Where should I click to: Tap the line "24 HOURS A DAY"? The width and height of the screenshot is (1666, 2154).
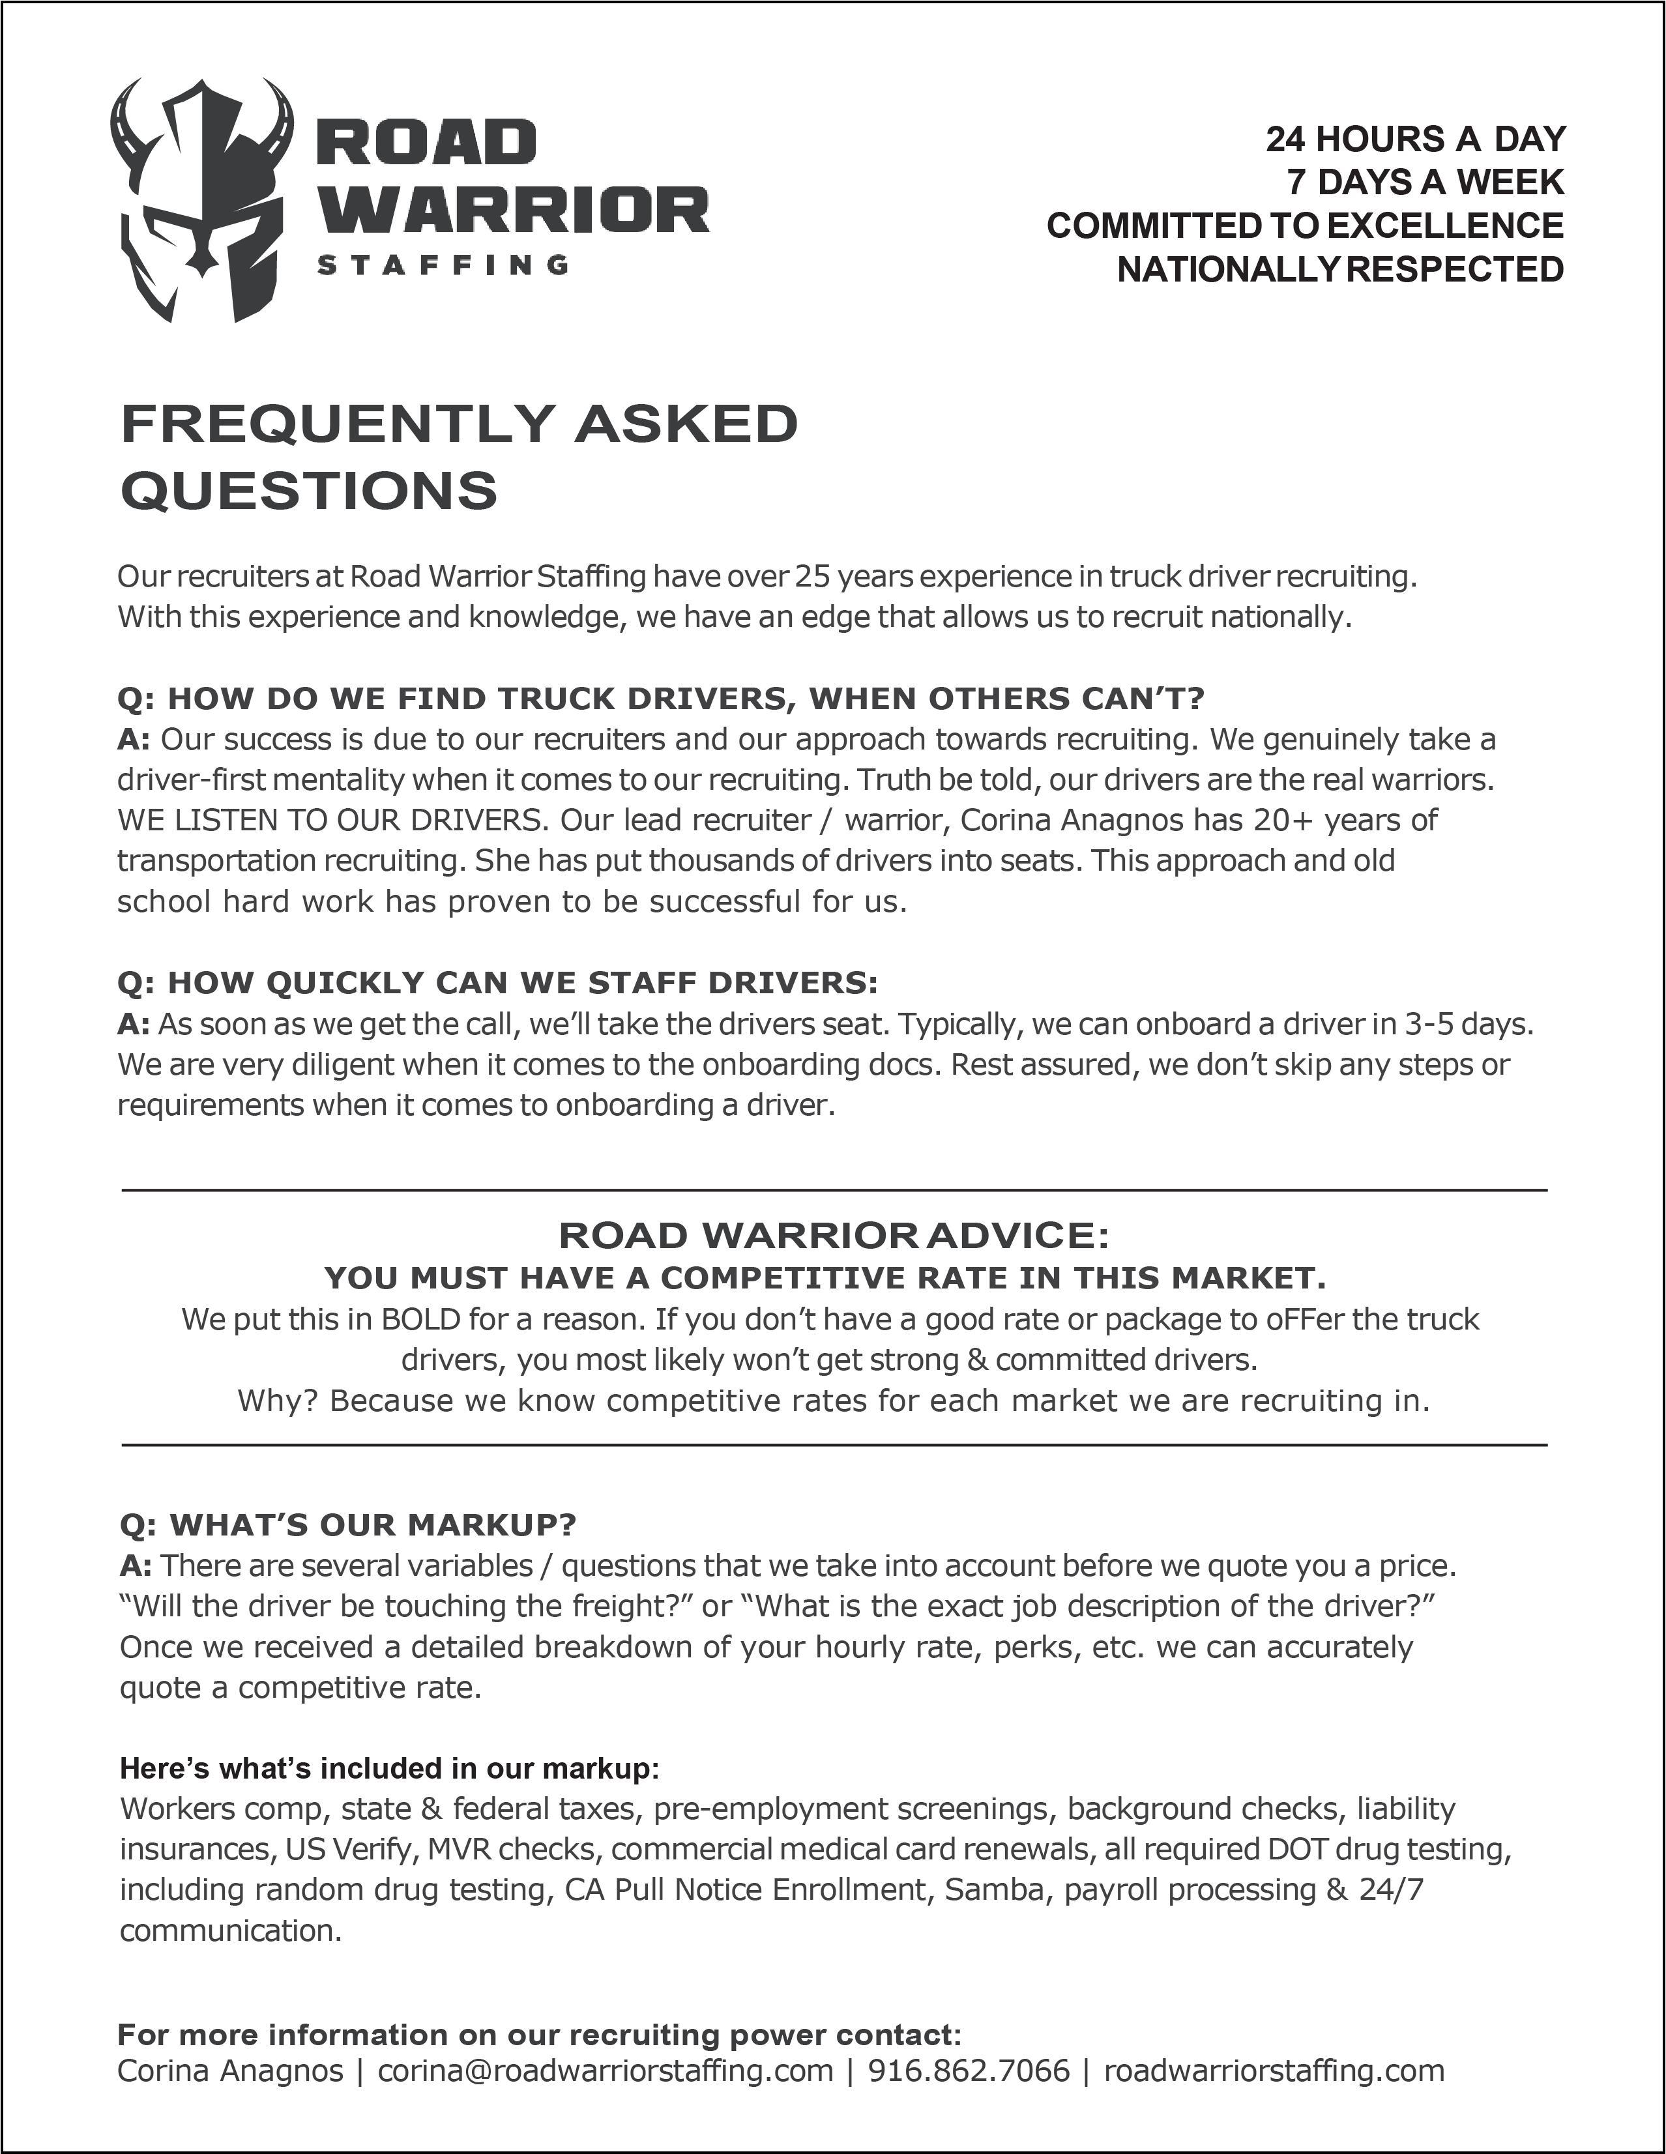(x=1416, y=139)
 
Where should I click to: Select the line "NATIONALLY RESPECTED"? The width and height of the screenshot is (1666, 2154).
(x=1339, y=269)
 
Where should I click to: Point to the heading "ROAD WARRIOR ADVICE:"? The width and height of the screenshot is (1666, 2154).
(x=834, y=1235)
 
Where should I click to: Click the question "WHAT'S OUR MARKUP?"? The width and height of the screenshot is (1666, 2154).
(x=347, y=1526)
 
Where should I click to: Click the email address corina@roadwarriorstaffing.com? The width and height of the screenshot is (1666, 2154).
(x=606, y=2070)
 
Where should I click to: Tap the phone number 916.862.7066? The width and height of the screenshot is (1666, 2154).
(x=969, y=2070)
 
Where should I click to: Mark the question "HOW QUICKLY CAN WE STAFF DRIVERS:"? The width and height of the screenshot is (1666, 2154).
(x=497, y=983)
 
